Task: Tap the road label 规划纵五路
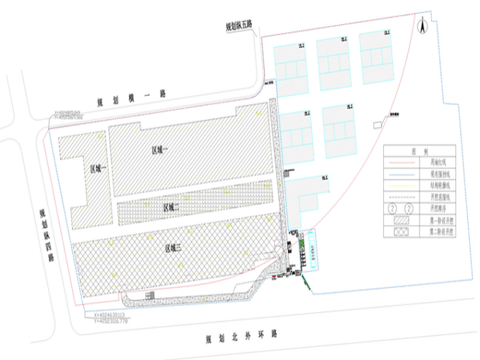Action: [239, 26]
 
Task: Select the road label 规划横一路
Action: [131, 97]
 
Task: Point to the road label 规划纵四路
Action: [44, 234]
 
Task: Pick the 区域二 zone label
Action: [172, 207]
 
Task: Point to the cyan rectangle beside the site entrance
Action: [313, 250]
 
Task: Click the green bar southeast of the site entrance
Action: [307, 282]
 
